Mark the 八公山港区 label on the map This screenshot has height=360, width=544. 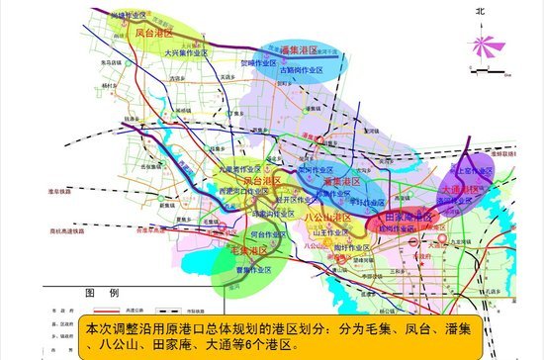327,216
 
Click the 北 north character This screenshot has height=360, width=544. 481,11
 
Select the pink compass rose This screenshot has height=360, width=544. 482,45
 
